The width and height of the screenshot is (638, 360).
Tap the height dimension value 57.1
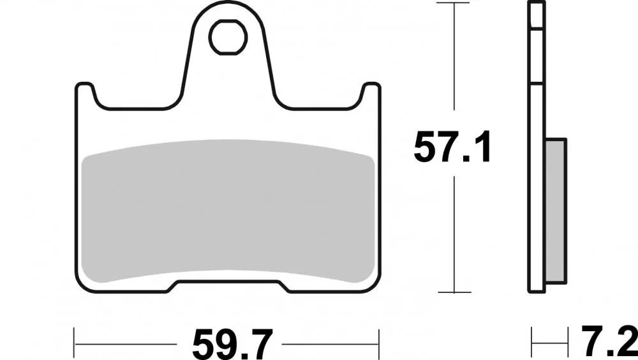(452, 149)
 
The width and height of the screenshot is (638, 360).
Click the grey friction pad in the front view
(228, 211)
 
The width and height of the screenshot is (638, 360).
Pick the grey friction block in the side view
(556, 211)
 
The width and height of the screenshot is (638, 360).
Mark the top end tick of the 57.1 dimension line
(454, 3)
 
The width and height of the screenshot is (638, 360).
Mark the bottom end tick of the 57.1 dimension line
(454, 293)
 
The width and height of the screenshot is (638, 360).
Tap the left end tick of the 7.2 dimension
(532, 337)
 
